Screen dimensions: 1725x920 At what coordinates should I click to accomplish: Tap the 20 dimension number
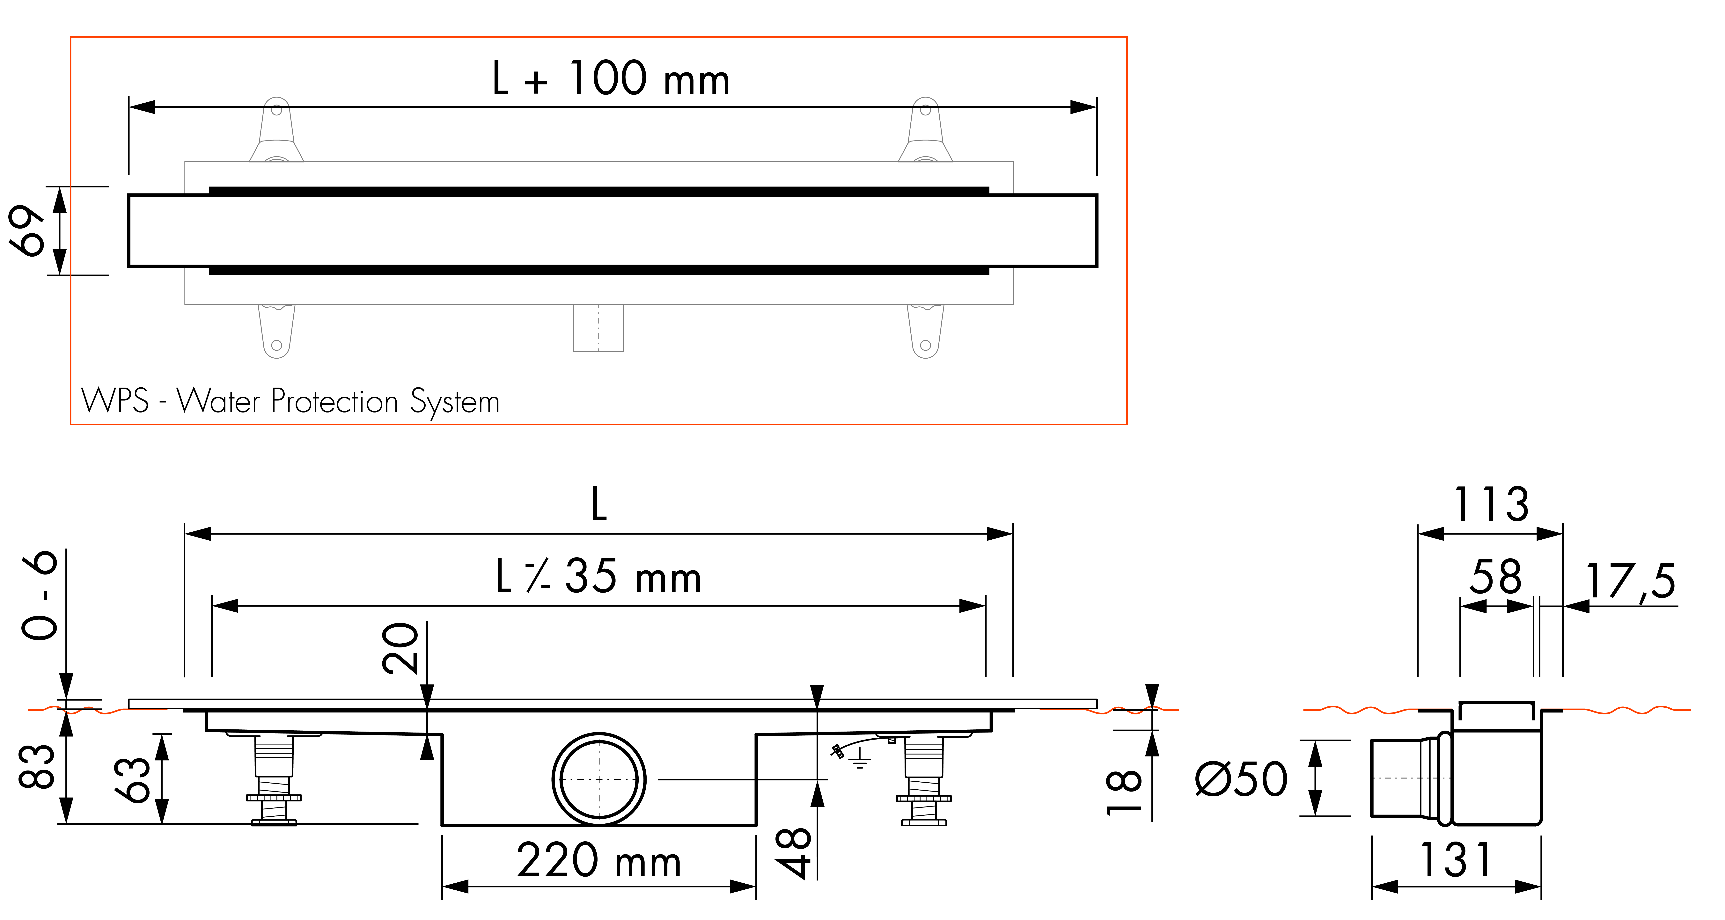click(400, 647)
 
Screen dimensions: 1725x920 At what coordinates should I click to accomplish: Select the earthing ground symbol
click(859, 758)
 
